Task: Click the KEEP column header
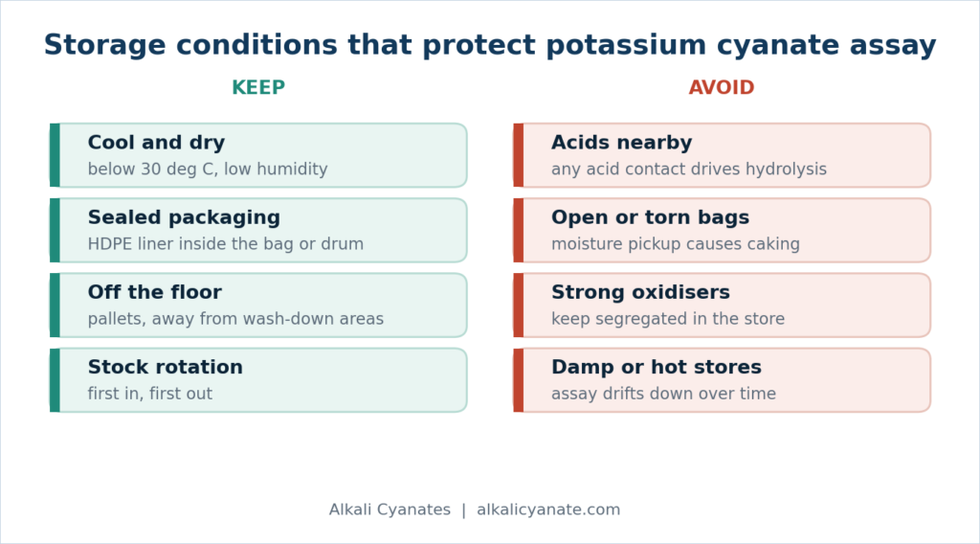coord(258,87)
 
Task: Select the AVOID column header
coord(722,87)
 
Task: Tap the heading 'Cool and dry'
coord(156,143)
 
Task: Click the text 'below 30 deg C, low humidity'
coord(208,170)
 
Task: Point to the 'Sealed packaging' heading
coord(184,217)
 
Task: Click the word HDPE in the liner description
coord(110,244)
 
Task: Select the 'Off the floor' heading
coord(154,292)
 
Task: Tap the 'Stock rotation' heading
coord(165,367)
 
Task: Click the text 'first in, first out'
coord(150,394)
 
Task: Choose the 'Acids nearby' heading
coord(621,143)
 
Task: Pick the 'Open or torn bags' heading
coord(650,217)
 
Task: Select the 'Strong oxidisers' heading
coord(640,292)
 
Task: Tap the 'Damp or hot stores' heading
coord(657,367)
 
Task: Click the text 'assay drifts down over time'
coord(664,394)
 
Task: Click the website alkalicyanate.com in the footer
coord(548,510)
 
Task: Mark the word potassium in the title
coord(626,45)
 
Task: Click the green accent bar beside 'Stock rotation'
coord(55,380)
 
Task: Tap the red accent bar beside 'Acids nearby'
coord(518,155)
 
